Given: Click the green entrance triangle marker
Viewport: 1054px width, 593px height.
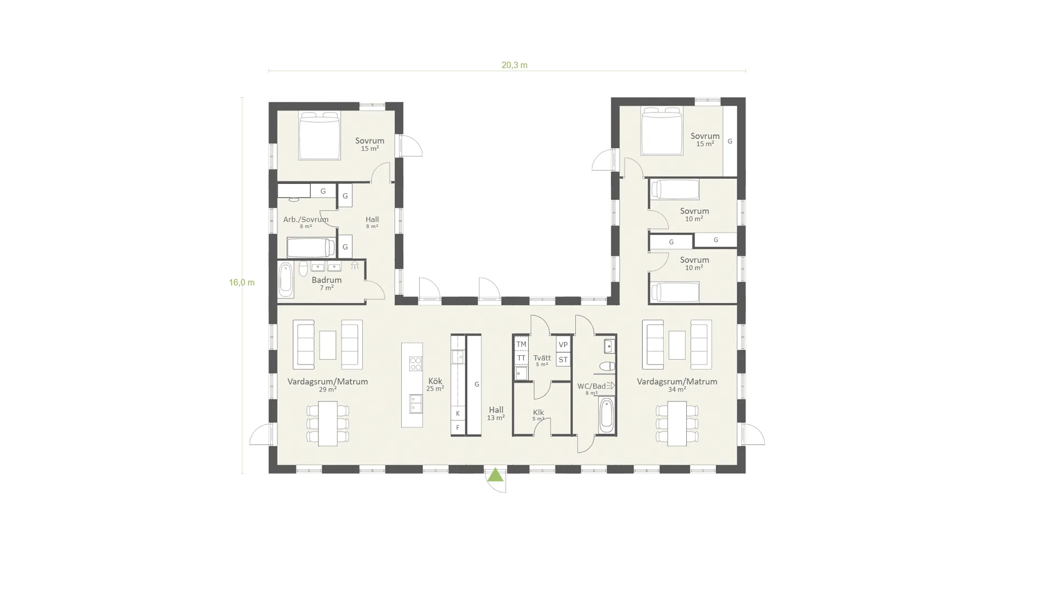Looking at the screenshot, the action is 496,475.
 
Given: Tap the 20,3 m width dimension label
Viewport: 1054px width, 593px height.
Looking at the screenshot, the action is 514,65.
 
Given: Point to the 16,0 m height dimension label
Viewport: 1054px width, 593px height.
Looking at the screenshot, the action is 242,283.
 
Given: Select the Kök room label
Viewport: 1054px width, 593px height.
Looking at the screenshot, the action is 435,381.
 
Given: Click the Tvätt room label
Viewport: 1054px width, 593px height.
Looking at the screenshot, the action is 542,358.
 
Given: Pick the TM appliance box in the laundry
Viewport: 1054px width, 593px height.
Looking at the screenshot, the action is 521,344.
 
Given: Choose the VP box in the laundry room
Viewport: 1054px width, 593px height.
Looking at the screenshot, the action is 563,344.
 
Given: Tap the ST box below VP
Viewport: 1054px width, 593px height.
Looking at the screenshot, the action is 563,360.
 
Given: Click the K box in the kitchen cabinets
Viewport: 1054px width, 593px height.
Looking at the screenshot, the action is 458,413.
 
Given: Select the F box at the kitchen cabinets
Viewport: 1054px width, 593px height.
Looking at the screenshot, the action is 458,428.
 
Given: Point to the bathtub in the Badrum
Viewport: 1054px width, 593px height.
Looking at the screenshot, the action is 285,280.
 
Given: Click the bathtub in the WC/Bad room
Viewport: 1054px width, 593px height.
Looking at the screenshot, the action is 606,416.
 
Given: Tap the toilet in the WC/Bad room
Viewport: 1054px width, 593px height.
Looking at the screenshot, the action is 607,366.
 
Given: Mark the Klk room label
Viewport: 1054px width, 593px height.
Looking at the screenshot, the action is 538,412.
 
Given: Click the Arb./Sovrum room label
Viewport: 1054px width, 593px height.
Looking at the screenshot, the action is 306,220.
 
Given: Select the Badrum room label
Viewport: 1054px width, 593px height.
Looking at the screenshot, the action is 327,280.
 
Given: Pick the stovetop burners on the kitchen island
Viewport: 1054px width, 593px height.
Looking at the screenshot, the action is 416,363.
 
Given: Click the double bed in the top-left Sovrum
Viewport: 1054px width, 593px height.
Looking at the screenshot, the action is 319,136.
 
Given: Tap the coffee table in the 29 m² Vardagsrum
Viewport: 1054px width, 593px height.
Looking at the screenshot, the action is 328,345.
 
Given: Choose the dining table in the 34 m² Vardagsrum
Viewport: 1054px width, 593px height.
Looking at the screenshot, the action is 677,423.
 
